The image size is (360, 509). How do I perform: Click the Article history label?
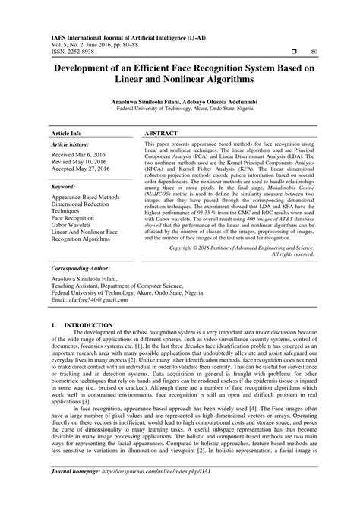(x=69, y=143)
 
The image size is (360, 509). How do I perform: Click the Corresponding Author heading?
(x=81, y=269)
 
